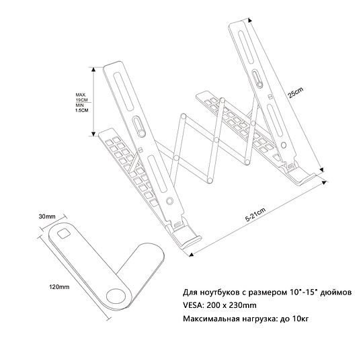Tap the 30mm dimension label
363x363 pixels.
46,216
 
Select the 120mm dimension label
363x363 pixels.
60,287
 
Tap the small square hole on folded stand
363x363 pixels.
64,233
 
